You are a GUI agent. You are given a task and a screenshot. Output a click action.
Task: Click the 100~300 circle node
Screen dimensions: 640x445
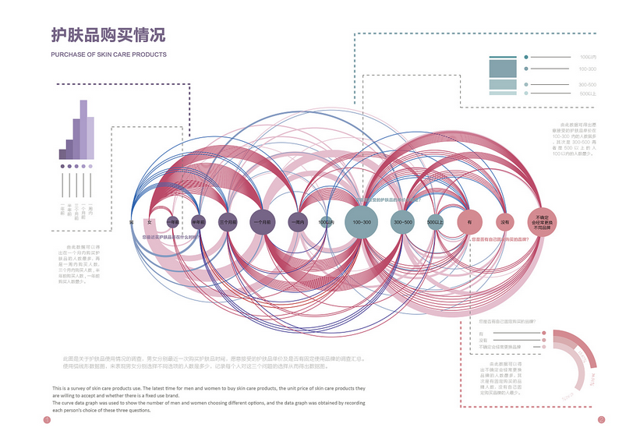coord(362,222)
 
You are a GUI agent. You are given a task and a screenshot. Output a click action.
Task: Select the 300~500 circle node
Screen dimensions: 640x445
coord(403,222)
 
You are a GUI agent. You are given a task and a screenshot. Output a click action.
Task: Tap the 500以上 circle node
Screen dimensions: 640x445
coord(435,222)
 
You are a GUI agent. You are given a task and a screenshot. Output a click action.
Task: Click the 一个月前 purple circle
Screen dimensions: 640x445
coord(262,222)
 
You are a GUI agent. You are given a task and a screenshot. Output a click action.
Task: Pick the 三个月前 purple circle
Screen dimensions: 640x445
coord(228,222)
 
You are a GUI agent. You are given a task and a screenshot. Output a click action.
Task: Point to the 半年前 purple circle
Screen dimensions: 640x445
coord(199,222)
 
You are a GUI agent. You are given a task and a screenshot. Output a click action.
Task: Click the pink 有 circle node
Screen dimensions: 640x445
coord(470,222)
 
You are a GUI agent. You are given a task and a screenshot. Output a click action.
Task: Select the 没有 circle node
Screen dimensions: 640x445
coord(505,222)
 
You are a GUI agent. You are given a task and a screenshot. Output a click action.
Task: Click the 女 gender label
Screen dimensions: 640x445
coord(149,223)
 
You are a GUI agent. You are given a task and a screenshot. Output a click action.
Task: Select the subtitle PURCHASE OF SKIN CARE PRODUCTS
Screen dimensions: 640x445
coord(108,55)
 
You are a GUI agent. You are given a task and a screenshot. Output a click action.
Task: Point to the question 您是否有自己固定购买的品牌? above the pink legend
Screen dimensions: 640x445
coord(506,320)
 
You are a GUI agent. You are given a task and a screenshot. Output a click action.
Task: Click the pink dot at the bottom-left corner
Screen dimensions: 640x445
coord(47,420)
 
